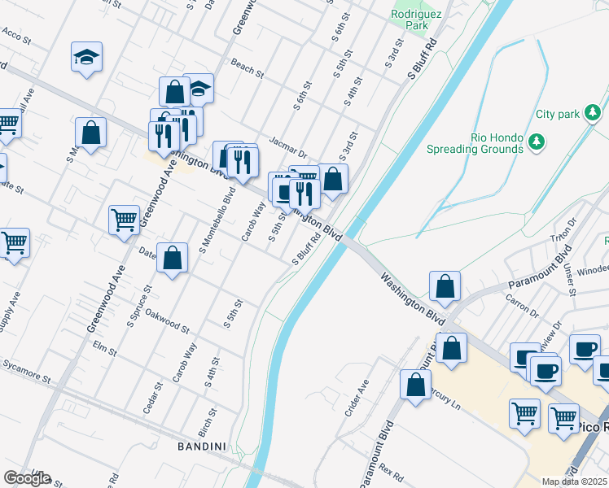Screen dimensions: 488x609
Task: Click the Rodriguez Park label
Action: point(410,20)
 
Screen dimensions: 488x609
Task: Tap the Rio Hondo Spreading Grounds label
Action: point(475,143)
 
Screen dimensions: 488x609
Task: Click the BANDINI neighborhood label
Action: point(202,447)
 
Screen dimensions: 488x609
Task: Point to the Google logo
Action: point(26,478)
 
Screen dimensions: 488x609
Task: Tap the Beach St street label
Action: point(248,68)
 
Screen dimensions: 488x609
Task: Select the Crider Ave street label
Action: point(356,398)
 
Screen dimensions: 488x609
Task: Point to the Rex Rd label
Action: point(391,473)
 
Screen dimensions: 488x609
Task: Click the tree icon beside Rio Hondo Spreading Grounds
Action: point(536,143)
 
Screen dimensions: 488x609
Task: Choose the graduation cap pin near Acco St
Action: point(85,57)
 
